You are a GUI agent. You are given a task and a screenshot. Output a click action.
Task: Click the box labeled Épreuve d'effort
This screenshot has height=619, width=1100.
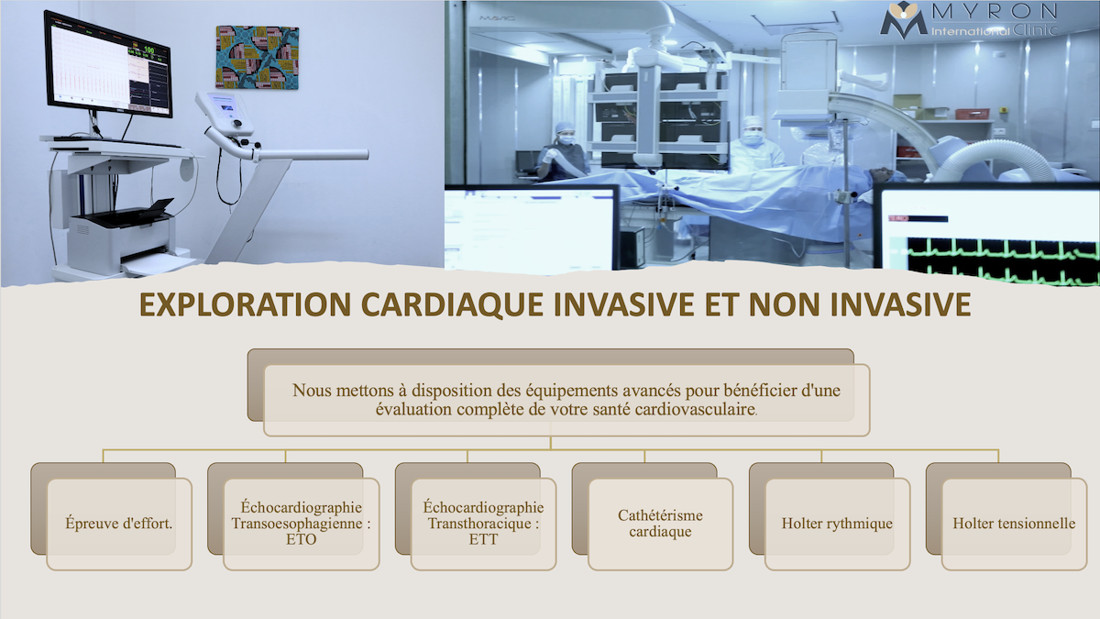pos(119,524)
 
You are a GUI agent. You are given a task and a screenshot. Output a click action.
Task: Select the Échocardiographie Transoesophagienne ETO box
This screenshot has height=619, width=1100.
pos(301,524)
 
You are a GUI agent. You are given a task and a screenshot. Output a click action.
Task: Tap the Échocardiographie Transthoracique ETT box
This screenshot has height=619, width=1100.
pos(483,524)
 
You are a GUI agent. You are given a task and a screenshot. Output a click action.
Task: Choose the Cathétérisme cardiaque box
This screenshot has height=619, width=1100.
pos(661,524)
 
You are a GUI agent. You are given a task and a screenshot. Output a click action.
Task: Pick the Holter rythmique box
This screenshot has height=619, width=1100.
pos(837,524)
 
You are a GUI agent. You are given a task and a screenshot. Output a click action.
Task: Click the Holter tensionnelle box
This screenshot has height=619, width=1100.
pos(1014,524)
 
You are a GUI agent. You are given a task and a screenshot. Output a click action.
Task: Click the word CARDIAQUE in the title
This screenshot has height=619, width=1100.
pos(452,304)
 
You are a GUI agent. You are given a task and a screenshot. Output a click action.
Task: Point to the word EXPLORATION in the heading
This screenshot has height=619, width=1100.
pos(245,304)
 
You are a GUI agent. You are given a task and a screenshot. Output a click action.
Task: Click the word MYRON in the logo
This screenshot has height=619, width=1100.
pos(994,11)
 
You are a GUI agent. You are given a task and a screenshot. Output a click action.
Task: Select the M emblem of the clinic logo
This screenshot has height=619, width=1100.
pos(904,19)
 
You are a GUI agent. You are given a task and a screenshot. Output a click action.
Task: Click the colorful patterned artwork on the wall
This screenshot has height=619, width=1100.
pos(258,58)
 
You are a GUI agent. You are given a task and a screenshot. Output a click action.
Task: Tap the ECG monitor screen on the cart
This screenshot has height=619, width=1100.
pos(108,64)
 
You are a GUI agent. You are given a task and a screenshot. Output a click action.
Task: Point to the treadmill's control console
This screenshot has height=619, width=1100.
pos(225,112)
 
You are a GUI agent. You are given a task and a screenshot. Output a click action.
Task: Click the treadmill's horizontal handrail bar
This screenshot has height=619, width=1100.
pos(311,155)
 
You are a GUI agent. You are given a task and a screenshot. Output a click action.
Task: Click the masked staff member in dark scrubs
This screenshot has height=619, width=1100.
pos(563,151)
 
